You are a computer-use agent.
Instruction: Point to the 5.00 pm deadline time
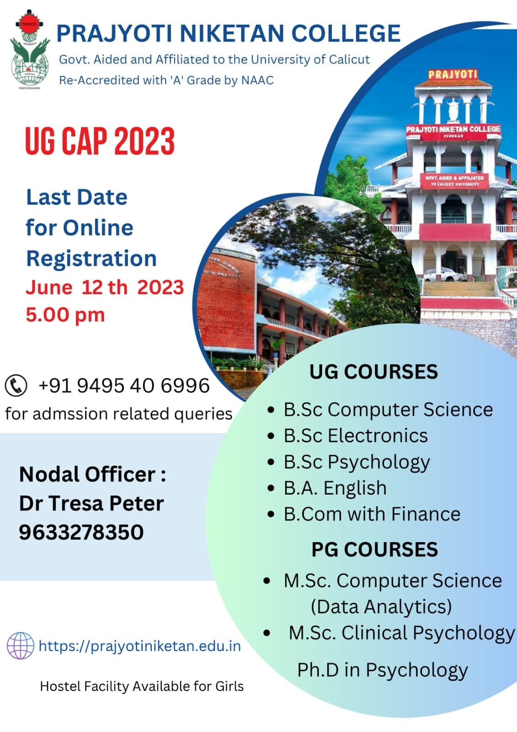(x=65, y=315)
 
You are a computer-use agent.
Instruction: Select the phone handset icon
(x=16, y=385)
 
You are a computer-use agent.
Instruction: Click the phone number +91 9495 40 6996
(x=124, y=386)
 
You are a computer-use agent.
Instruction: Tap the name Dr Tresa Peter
(x=91, y=503)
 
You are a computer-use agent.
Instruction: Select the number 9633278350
(x=81, y=532)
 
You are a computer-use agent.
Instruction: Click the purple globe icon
(x=20, y=646)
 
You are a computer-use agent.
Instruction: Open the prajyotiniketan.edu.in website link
(x=139, y=646)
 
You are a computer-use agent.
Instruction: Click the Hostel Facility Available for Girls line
(x=142, y=686)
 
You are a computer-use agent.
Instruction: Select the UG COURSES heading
(x=373, y=371)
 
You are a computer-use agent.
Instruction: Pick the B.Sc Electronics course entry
(x=355, y=436)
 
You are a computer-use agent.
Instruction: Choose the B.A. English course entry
(x=335, y=488)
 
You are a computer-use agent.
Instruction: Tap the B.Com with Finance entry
(x=372, y=514)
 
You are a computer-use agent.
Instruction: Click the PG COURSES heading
(x=374, y=549)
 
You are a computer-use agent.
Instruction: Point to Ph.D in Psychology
(x=383, y=670)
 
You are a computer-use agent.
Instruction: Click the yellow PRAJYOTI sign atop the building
(x=453, y=74)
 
